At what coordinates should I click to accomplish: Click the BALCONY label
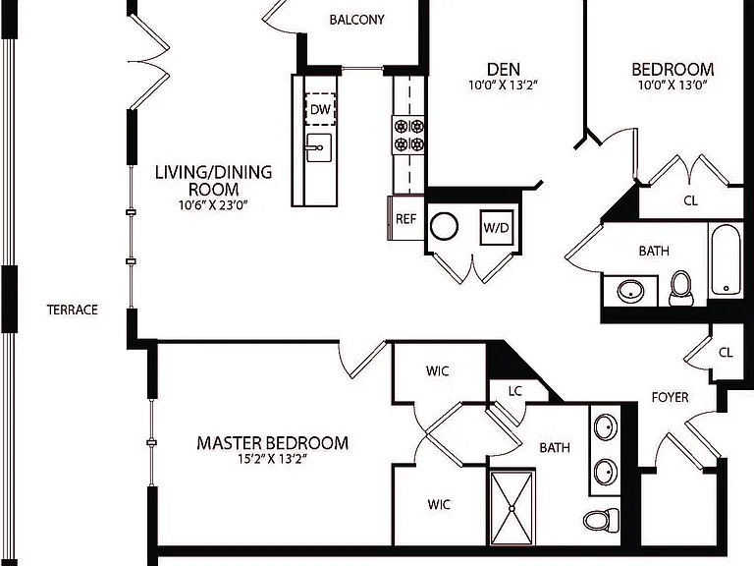(x=356, y=20)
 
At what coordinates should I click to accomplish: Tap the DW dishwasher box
(x=320, y=109)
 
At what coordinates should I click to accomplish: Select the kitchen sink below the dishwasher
(x=318, y=147)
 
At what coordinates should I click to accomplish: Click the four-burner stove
(x=408, y=136)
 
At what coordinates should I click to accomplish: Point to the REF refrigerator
(x=405, y=218)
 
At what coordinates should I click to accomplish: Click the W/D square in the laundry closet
(x=497, y=227)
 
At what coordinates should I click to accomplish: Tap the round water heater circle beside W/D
(x=444, y=226)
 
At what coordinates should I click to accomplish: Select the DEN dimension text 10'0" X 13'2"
(x=503, y=85)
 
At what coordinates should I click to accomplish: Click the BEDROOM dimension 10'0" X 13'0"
(x=673, y=85)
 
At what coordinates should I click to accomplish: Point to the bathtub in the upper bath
(x=727, y=259)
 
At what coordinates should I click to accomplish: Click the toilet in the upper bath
(x=681, y=288)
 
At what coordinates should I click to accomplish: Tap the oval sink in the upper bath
(x=631, y=291)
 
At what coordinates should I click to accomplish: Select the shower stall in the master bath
(x=512, y=508)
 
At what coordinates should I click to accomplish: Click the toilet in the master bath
(x=601, y=520)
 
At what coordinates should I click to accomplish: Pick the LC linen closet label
(x=515, y=391)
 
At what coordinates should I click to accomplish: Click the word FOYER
(x=670, y=398)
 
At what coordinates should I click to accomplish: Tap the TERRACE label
(x=72, y=310)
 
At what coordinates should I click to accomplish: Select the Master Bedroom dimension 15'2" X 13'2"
(x=272, y=459)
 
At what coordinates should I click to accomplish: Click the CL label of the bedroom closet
(x=690, y=200)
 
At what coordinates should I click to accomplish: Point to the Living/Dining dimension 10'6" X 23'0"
(x=213, y=205)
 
